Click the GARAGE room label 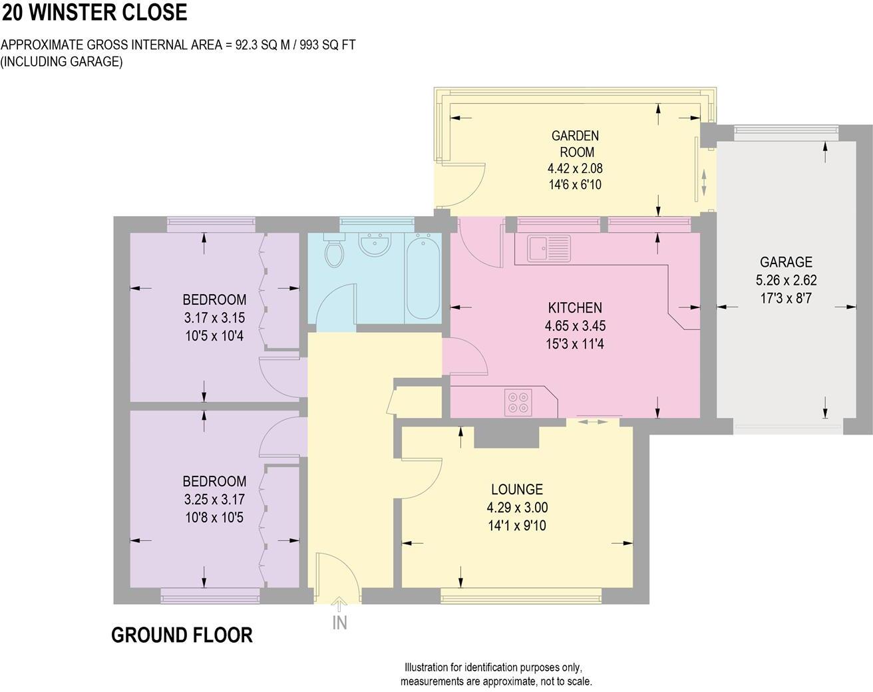[x=786, y=261]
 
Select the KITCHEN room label [x=575, y=307]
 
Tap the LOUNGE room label [x=517, y=489]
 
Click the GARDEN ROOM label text [x=575, y=144]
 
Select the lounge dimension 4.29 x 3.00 [x=517, y=507]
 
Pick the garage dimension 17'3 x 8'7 [x=786, y=298]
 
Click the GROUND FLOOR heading [x=182, y=635]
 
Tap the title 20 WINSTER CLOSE [x=94, y=12]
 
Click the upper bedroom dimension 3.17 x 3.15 [x=214, y=318]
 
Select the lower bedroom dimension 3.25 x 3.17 [x=214, y=498]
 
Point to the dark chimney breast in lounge [x=506, y=436]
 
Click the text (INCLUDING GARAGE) [x=62, y=62]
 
